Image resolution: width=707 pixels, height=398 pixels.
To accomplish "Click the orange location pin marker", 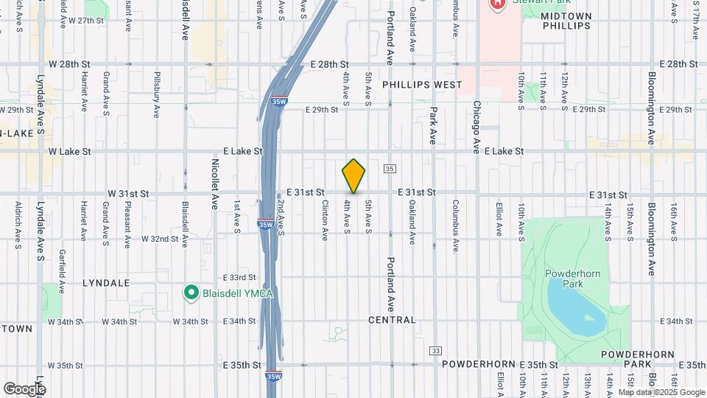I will (353, 175).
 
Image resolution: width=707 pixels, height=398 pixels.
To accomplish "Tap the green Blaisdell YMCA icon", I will (191, 293).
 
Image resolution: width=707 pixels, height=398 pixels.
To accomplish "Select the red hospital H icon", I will (498, 3).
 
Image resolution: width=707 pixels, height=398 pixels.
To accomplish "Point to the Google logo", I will (24, 389).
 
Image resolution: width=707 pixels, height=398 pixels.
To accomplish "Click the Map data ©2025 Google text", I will (661, 392).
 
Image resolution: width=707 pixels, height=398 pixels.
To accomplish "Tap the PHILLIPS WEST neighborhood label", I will (422, 85).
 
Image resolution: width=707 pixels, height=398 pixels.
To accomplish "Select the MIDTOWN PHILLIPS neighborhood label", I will (566, 21).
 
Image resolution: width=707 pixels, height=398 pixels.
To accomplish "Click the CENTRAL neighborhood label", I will (393, 320).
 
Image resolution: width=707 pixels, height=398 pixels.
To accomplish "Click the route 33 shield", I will (436, 351).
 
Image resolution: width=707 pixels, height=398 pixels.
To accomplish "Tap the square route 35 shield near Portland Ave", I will (390, 169).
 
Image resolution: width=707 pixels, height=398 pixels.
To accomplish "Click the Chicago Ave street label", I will (477, 126).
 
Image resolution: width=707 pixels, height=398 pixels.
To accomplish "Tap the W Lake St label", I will (69, 151).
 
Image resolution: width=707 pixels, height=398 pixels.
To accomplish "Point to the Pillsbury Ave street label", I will (157, 95).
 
